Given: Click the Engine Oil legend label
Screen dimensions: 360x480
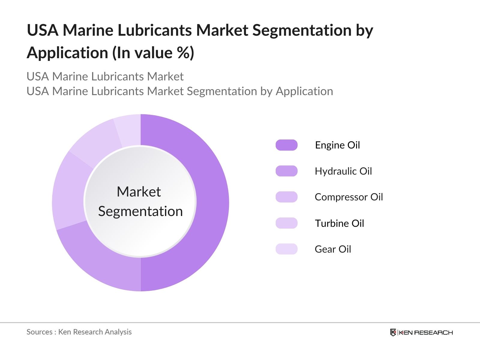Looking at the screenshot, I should pyautogui.click(x=337, y=145).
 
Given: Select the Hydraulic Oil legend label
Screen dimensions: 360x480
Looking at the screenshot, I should pyautogui.click(x=343, y=171).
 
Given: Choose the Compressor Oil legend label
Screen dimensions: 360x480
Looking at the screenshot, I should pyautogui.click(x=349, y=197).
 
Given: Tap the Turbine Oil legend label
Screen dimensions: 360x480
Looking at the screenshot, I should pyautogui.click(x=339, y=223).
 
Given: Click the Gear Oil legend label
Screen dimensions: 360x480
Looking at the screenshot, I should pyautogui.click(x=333, y=249).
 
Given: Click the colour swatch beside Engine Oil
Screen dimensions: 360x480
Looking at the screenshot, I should pyautogui.click(x=286, y=145).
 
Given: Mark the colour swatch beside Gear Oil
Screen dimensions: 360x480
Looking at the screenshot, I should pyautogui.click(x=286, y=249).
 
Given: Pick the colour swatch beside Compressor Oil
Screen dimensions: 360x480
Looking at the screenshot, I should pyautogui.click(x=286, y=197).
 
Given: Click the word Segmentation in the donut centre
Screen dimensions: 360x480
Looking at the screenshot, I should pyautogui.click(x=140, y=211).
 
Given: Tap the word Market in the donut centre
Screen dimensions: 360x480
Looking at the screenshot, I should pyautogui.click(x=139, y=192).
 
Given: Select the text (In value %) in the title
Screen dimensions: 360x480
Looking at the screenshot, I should pyautogui.click(x=153, y=53).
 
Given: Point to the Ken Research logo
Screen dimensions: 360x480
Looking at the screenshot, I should pyautogui.click(x=421, y=332).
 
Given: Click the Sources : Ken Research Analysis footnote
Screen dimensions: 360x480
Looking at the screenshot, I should pyautogui.click(x=79, y=332).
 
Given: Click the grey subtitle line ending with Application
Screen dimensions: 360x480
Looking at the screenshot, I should pyautogui.click(x=180, y=91).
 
